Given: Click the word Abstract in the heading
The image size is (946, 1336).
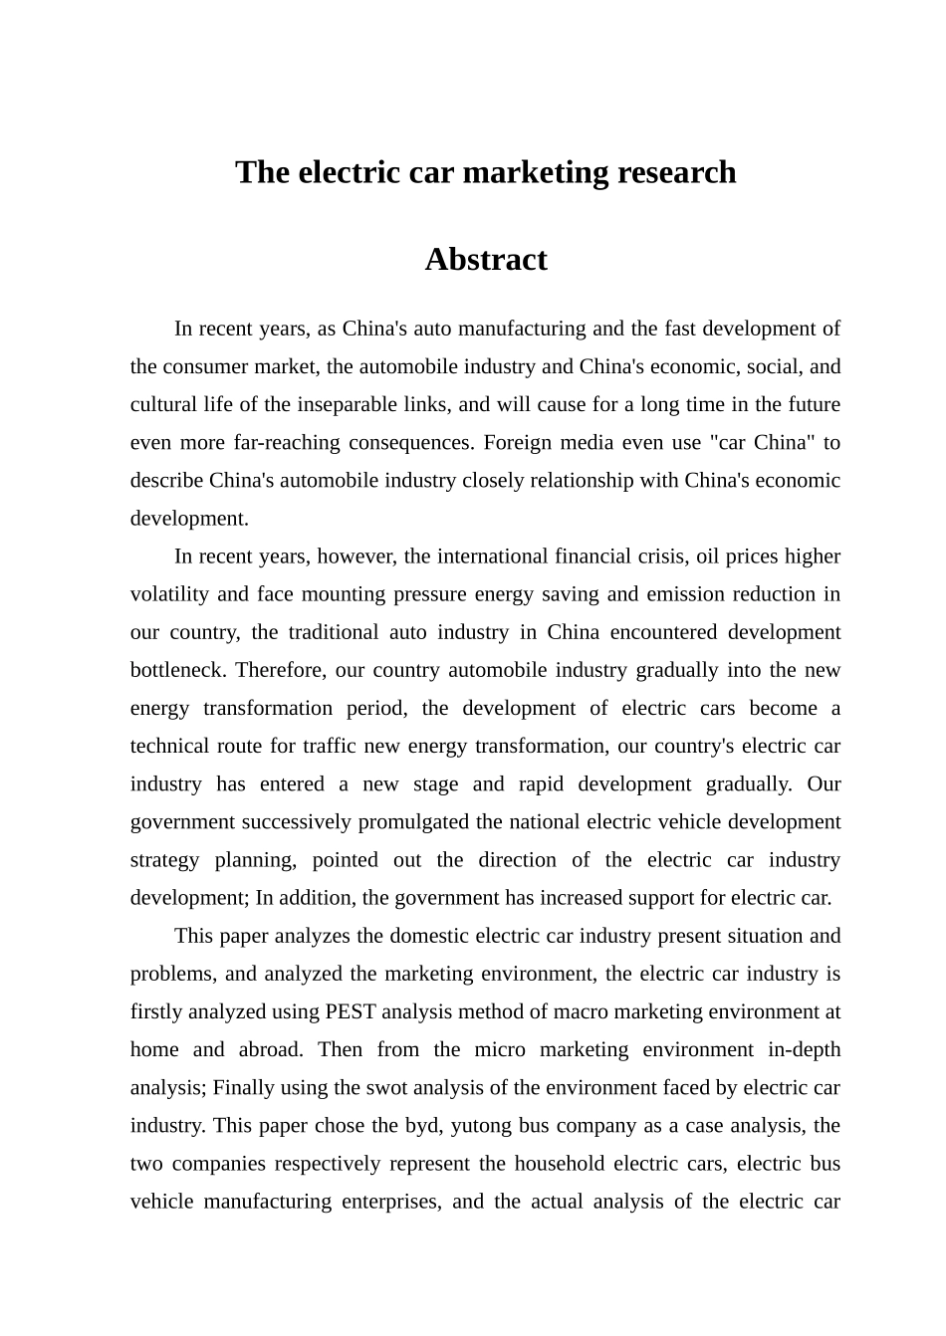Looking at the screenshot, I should coord(486,260).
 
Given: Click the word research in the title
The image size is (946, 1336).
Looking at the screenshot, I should coord(677,172).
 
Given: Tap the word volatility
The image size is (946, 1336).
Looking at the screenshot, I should coord(169,594).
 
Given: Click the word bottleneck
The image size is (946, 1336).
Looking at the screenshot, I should coord(176,670).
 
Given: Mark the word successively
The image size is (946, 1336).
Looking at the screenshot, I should coord(304,822).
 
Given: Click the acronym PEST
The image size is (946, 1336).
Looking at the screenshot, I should coord(350,1012).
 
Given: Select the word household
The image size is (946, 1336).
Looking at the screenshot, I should coord(559,1164).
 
